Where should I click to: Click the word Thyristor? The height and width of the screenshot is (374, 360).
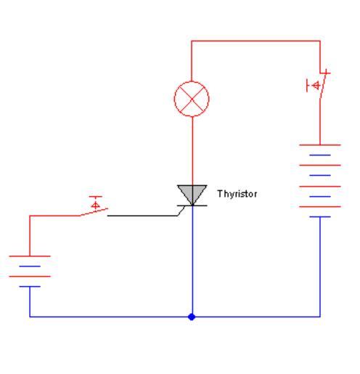point(237,194)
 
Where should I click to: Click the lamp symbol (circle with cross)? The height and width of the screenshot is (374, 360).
point(192,99)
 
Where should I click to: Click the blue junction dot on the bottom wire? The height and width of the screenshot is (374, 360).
point(192,317)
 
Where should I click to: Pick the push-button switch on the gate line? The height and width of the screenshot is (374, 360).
point(95,206)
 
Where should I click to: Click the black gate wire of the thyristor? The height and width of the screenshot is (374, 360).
point(145,215)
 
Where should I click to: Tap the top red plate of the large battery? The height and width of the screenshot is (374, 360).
point(320,145)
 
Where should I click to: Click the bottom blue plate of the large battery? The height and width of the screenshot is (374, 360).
point(320,216)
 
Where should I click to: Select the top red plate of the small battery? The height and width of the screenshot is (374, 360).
point(30,256)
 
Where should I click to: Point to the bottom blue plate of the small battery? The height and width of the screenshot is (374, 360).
point(30,286)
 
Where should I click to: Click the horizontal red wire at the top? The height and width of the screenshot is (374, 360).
point(255,41)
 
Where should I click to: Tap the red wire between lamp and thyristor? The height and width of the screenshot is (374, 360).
point(192,151)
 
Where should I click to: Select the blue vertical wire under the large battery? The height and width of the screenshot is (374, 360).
point(320,267)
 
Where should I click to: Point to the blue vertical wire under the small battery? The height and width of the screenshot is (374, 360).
point(30,301)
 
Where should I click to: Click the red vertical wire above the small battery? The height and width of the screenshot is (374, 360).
point(30,235)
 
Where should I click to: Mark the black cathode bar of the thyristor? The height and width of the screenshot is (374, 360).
point(192,206)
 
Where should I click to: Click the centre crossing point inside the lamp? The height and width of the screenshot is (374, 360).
point(192,99)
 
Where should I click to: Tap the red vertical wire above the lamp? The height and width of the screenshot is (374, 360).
point(192,61)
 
